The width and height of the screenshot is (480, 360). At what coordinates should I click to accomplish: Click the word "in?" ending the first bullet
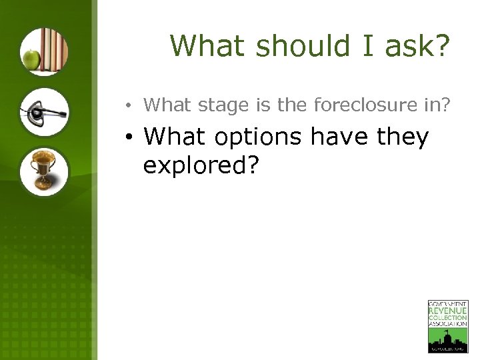pyautogui.click(x=437, y=105)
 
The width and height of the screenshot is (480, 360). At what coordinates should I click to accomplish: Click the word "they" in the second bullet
pyautogui.click(x=402, y=137)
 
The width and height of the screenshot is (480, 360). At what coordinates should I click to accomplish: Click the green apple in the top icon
pyautogui.click(x=31, y=60)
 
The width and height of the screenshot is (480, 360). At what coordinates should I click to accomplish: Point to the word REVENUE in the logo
pyautogui.click(x=447, y=311)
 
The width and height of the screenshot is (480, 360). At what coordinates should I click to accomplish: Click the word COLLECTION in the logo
pyautogui.click(x=447, y=318)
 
